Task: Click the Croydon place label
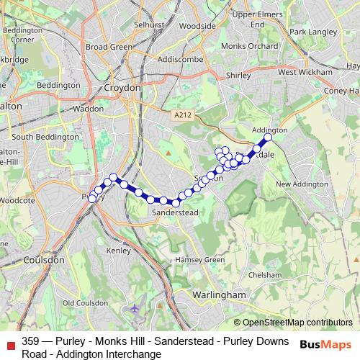[122, 87]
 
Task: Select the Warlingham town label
[220, 294]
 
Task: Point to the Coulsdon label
[44, 260]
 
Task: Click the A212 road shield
[183, 114]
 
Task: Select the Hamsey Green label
[199, 260]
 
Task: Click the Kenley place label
[118, 251]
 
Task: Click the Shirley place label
[238, 75]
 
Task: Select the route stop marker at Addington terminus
[269, 137]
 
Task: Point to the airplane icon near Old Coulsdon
[135, 308]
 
